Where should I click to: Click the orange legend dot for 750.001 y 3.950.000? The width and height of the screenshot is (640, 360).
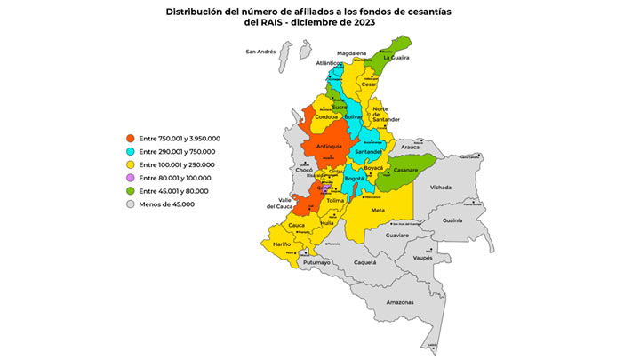[130, 139]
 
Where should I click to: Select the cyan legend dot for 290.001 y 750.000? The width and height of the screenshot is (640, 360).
[130, 152]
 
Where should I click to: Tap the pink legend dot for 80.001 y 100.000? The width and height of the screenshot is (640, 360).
[130, 178]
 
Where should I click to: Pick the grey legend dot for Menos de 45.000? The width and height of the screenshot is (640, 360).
[130, 204]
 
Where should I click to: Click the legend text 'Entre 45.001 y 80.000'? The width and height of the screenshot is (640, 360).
[173, 191]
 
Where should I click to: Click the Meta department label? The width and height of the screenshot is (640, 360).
[378, 210]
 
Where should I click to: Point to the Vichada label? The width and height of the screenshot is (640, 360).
[441, 188]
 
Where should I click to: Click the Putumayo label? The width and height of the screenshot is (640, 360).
[317, 262]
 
